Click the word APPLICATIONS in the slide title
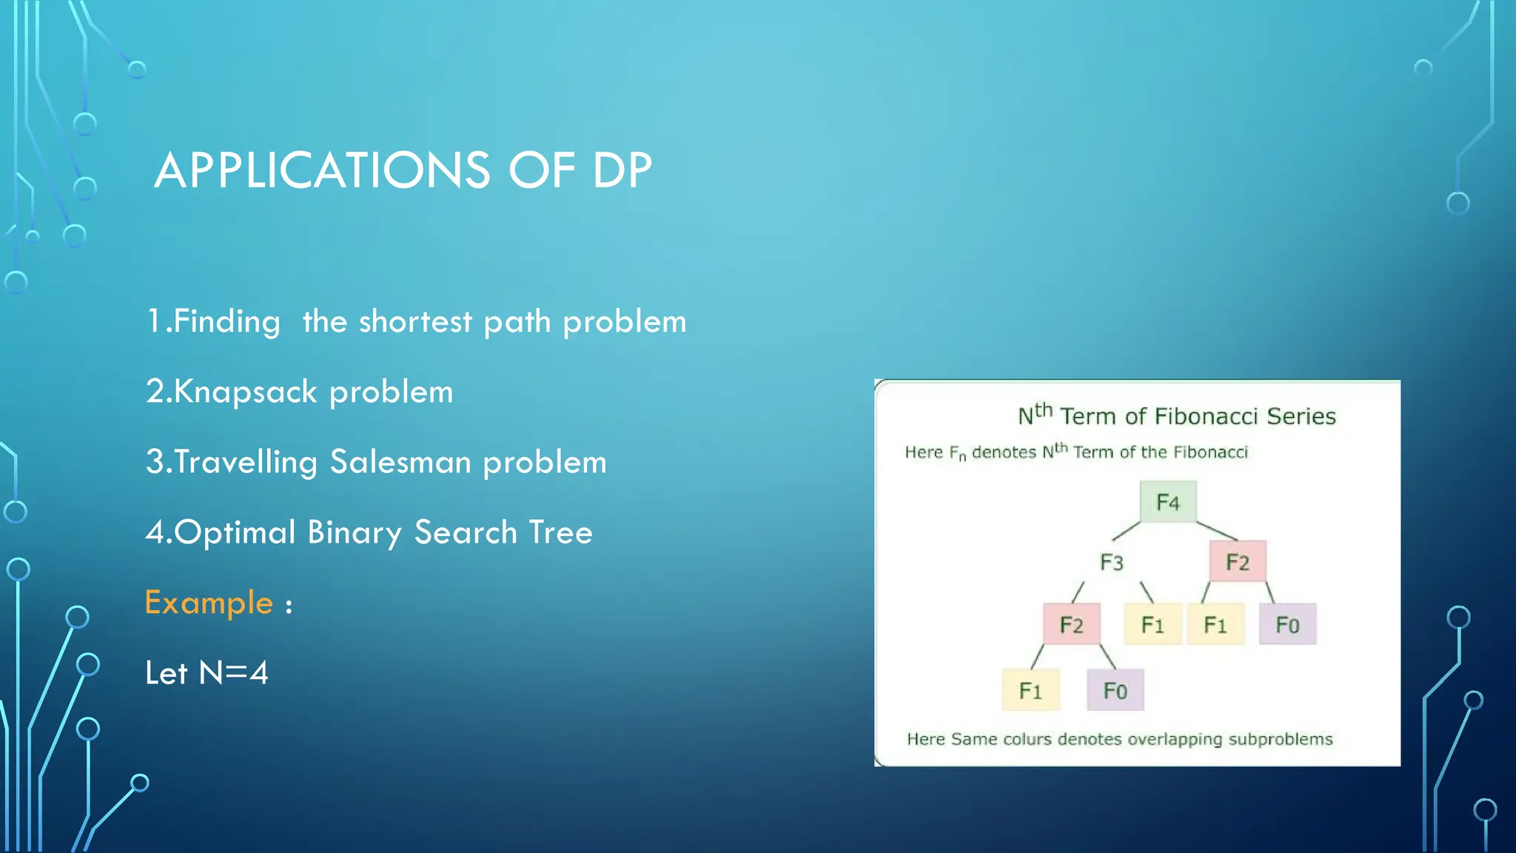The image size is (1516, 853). (322, 170)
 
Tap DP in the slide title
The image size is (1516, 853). (622, 170)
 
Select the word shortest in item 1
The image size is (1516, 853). (415, 321)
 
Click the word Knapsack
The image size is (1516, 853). (245, 392)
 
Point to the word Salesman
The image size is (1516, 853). (400, 462)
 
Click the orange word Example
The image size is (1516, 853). (209, 603)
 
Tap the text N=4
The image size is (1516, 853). (233, 673)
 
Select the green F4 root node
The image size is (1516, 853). (1167, 502)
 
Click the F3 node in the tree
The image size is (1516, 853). (1111, 563)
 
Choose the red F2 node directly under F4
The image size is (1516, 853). (1237, 562)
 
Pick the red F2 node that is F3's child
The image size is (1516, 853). (1071, 625)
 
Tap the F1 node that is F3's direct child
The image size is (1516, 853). (1153, 625)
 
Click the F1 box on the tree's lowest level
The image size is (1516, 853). (1030, 691)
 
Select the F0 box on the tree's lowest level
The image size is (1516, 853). (1115, 691)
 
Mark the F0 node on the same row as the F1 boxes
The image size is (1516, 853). (1287, 625)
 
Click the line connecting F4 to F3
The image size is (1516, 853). (1127, 531)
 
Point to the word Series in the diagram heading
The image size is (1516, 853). (1301, 416)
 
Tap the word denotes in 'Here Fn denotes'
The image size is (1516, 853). (1004, 452)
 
